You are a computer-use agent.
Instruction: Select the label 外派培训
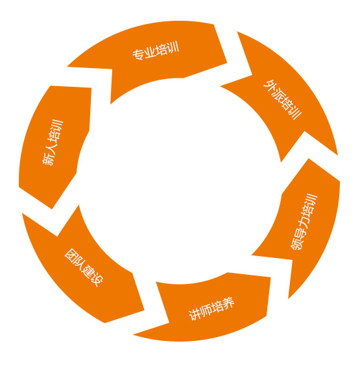tap(283, 99)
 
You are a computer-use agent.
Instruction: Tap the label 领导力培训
tap(304, 222)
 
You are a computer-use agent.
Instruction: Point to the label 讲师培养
tap(211, 309)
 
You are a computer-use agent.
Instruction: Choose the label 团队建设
tap(84, 267)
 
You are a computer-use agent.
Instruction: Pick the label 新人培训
tap(53, 143)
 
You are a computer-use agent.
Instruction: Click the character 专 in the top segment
tap(138, 54)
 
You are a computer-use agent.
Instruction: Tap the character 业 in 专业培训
tap(150, 52)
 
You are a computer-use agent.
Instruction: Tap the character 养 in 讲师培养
tap(228, 303)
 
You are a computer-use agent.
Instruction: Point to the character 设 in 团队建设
tap(97, 279)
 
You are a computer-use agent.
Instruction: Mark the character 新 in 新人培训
tap(48, 159)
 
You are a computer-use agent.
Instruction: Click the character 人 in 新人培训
tap(51, 148)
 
